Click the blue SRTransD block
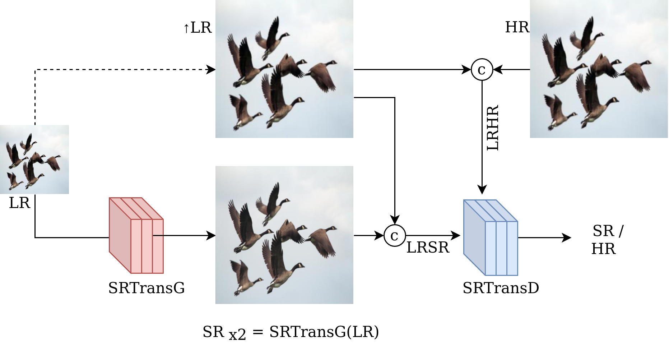[x=490, y=238]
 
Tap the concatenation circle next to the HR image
[x=482, y=69]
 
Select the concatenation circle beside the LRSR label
[x=395, y=236]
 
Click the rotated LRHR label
[x=493, y=128]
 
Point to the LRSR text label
[x=428, y=248]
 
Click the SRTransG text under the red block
[x=147, y=288]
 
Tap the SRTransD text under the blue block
[x=501, y=288]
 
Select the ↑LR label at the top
[x=198, y=28]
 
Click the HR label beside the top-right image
[x=517, y=27]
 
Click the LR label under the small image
[x=19, y=203]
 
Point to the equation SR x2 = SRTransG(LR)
[x=291, y=332]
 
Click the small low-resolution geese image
[x=34, y=160]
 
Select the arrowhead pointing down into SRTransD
[x=482, y=189]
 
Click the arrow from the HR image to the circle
[x=512, y=69]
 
